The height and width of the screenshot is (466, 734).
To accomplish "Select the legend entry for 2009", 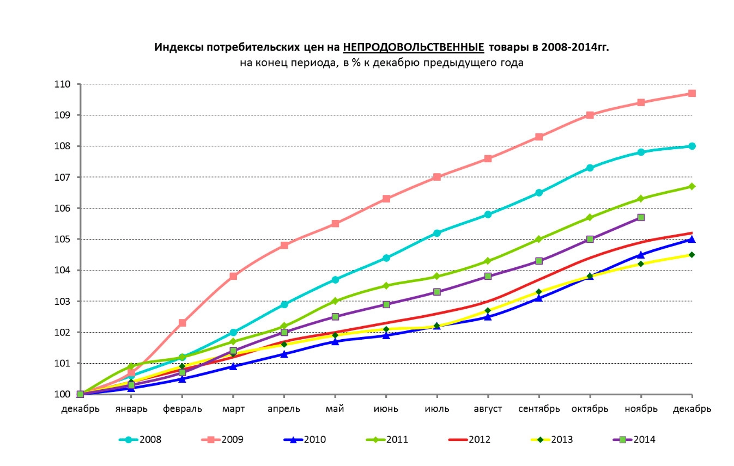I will (x=223, y=439).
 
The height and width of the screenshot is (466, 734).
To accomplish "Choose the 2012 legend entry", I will (x=469, y=439).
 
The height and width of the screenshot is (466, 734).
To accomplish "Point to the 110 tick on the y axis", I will (x=63, y=84).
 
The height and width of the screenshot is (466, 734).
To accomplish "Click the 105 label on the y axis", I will (x=63, y=239).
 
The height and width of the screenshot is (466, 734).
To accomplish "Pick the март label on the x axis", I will (x=233, y=409).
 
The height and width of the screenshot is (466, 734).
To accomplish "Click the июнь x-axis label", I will (x=386, y=409).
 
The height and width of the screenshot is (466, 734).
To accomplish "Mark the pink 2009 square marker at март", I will (x=233, y=276).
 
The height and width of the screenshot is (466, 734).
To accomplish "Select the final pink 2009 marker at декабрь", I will (x=691, y=93).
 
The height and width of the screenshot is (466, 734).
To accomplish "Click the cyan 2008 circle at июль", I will (x=437, y=233).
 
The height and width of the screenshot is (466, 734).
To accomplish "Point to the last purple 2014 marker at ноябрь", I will (x=641, y=217).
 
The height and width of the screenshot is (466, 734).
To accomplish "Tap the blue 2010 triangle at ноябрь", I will (x=641, y=254).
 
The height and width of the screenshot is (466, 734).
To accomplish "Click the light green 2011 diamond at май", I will (x=335, y=301).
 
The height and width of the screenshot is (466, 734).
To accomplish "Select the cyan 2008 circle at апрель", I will (x=284, y=304).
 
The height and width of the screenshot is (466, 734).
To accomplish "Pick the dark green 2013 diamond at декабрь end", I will (x=691, y=255).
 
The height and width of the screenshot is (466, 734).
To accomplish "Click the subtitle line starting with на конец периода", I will (x=381, y=63).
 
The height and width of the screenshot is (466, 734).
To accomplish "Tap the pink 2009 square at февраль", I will (x=183, y=323).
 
